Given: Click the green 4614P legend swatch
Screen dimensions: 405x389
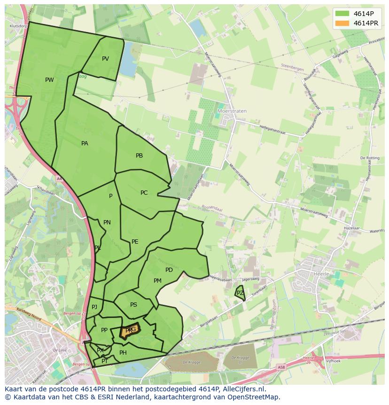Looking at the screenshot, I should coord(342,13).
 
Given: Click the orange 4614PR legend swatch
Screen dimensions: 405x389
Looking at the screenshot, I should coord(342,23).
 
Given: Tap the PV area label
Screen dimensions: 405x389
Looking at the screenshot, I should coord(105,59).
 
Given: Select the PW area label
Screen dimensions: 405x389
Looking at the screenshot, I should coord(49,80).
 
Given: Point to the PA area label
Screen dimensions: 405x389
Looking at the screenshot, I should coord(85,143).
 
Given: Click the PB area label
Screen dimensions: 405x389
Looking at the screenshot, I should coord(139,156).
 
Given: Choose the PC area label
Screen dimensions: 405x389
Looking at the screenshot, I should coord(144,193).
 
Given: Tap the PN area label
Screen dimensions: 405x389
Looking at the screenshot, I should coord(107,222).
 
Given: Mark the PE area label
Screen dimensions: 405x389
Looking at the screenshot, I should coord(135,242).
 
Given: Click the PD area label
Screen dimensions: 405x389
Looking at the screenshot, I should coord(169,270).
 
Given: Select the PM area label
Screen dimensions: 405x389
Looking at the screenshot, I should coord(157,281).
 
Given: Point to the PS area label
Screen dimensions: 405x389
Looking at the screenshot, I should coord(133,305).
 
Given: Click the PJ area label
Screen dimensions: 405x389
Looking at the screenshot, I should coord(94,307).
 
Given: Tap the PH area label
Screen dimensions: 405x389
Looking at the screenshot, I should coord(123,353).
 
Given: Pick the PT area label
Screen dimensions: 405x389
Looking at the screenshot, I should coord(105,361).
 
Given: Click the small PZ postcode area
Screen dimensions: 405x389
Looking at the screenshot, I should coord(240,293).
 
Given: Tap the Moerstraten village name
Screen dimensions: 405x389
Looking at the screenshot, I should coord(232,111).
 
